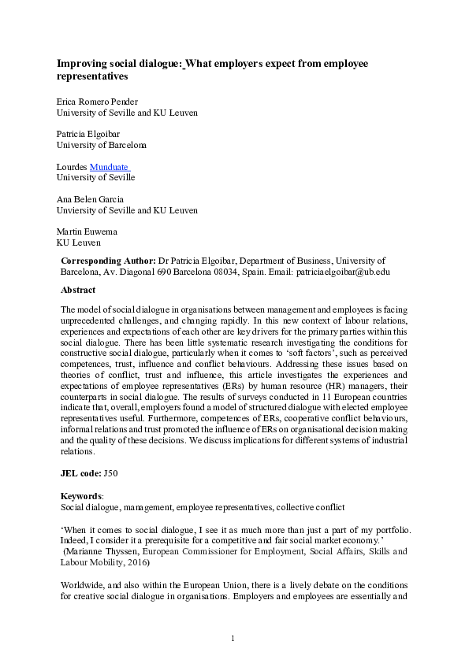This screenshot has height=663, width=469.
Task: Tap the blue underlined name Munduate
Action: coord(109,167)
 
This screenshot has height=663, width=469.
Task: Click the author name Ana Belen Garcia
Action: coord(91,200)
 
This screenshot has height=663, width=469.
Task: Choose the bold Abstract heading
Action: coord(80,290)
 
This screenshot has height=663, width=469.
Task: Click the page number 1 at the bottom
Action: coord(234,637)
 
